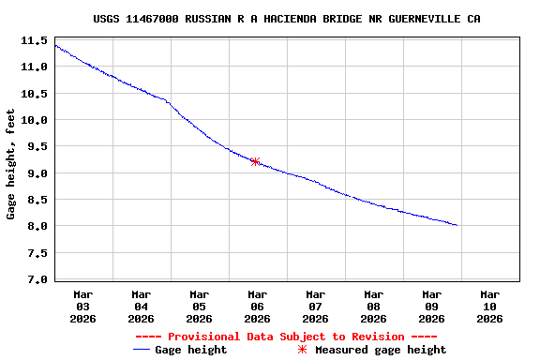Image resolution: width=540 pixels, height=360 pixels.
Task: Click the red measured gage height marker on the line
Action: (255, 161)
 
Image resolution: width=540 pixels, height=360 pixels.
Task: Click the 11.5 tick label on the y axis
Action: (35, 41)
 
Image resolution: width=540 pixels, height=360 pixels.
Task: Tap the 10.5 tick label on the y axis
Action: (35, 94)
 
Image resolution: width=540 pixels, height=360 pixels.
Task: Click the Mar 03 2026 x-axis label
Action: (83, 306)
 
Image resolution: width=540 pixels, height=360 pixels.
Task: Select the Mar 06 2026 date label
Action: (257, 306)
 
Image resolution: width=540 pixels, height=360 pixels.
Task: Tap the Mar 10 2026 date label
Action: (489, 306)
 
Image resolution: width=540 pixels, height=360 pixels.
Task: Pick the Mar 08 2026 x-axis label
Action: (373, 306)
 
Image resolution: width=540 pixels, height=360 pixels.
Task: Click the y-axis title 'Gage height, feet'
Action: (11, 164)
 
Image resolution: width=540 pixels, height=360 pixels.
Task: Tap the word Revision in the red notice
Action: (375, 336)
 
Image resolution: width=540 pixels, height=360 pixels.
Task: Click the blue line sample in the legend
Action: (142, 350)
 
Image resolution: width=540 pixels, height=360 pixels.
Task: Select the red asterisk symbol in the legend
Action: (302, 350)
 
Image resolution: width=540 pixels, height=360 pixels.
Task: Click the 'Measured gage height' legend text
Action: (381, 350)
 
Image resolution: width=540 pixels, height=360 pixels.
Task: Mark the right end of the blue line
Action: (457, 225)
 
